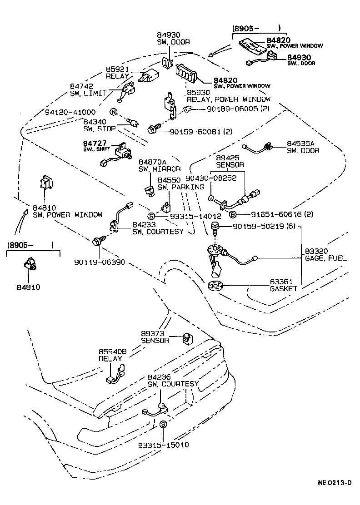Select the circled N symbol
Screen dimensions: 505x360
(113, 112)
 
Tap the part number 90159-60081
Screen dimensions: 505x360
(195, 131)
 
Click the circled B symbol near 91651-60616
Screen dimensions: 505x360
(232, 214)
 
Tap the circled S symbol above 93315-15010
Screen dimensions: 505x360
(164, 424)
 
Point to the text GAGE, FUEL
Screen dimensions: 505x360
(325, 258)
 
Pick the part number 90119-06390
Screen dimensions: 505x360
(99, 262)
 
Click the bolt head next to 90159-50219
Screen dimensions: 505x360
(216, 226)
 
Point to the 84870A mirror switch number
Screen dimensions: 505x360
(153, 162)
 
